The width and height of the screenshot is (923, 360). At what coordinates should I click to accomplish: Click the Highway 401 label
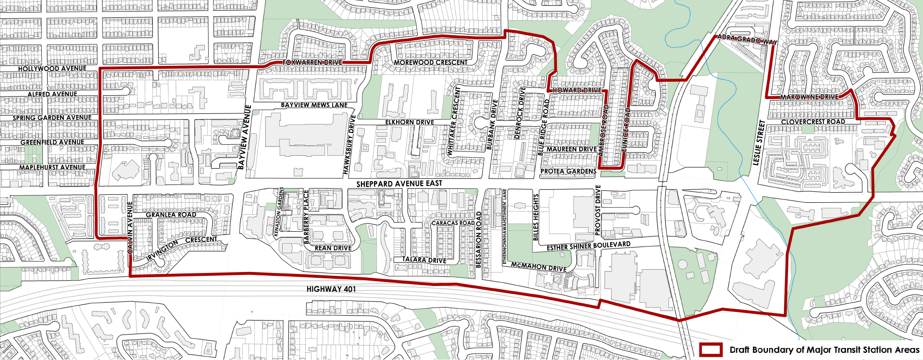331,289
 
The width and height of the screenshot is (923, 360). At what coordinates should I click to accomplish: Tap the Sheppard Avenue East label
399,184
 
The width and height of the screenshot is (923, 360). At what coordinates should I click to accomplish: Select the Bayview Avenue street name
245,137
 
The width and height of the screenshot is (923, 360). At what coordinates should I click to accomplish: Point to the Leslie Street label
759,143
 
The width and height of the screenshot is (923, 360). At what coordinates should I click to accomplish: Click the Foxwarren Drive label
312,62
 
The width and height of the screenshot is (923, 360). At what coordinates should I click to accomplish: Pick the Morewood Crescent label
430,62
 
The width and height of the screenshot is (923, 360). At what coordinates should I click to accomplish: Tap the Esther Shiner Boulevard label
588,246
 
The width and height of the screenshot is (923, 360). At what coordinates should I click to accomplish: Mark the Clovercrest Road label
813,122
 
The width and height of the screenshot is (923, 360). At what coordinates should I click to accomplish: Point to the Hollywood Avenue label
52,69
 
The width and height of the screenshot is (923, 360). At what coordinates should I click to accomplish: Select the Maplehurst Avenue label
52,168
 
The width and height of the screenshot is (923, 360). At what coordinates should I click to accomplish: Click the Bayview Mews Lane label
314,105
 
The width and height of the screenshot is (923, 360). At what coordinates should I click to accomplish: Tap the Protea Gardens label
568,171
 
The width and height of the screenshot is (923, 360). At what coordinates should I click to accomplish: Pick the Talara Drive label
424,260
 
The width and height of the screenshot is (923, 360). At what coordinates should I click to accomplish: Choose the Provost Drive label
598,210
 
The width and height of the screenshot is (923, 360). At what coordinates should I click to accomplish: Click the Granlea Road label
171,215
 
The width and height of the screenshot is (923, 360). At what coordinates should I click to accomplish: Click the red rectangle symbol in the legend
711,349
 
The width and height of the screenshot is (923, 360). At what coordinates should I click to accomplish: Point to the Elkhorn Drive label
410,123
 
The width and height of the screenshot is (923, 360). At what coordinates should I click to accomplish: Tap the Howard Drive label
576,90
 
